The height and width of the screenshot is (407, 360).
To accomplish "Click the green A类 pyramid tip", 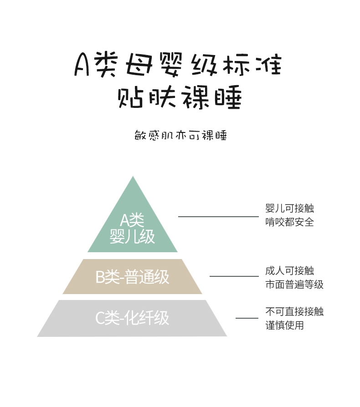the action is click(133, 177).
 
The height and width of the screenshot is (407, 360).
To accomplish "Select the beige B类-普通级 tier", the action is click(133, 276).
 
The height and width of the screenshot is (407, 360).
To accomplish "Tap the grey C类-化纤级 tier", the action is click(132, 319).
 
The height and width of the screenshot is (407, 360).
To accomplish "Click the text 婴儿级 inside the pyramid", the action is click(132, 236).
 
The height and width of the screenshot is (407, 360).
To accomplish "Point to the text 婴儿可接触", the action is click(290, 208).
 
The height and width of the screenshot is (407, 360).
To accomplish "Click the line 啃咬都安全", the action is click(290, 222).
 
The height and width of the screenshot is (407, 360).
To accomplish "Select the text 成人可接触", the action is click(290, 271).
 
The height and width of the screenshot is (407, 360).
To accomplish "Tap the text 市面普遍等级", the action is click(294, 285).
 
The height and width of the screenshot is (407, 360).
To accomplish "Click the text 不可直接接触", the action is click(294, 311).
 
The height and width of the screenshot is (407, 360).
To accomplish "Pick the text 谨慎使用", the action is click(285, 325).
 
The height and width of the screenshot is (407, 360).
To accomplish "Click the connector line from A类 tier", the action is click(218, 217).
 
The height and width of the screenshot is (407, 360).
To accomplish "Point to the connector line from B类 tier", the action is click(234, 276).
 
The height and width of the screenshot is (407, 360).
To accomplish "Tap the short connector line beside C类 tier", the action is click(247, 318).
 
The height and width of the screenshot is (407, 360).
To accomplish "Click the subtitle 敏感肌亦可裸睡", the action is click(181, 135).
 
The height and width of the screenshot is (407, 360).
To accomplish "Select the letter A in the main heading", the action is click(82, 64).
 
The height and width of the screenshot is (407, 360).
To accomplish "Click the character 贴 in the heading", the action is click(130, 97).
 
